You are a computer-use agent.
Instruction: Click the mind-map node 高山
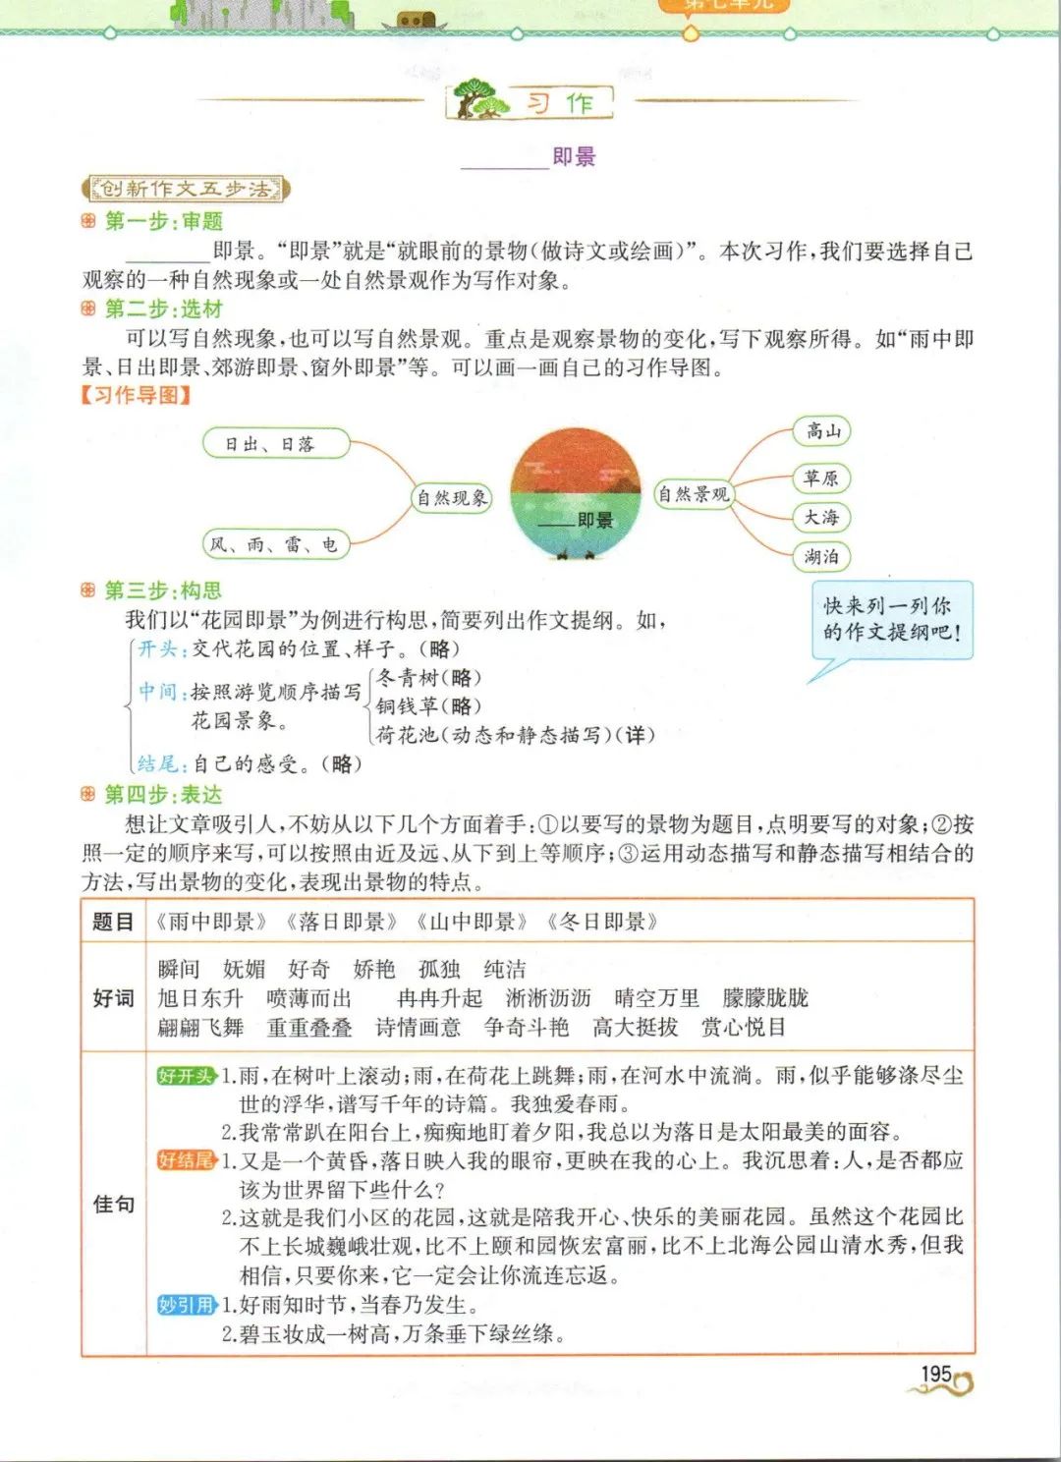point(822,430)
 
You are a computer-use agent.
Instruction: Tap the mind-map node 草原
point(821,478)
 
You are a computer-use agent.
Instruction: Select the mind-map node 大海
point(821,517)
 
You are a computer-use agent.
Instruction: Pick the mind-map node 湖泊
point(821,556)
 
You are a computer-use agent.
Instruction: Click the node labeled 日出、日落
point(276,444)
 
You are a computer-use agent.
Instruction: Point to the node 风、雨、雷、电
point(276,543)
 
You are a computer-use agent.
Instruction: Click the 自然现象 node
point(452,498)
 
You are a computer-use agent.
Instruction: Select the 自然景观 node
point(694,494)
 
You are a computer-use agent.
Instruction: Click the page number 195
point(936,1374)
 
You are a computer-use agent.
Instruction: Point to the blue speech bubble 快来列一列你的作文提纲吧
point(891,620)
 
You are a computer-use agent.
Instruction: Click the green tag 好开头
point(186,1075)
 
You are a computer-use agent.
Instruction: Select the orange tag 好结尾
point(186,1160)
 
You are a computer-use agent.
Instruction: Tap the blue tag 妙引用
point(186,1305)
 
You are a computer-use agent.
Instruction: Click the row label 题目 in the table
point(113,922)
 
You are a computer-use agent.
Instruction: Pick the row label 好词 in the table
point(113,998)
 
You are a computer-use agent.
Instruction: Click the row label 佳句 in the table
point(113,1205)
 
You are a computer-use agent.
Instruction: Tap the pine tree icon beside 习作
point(480,100)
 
